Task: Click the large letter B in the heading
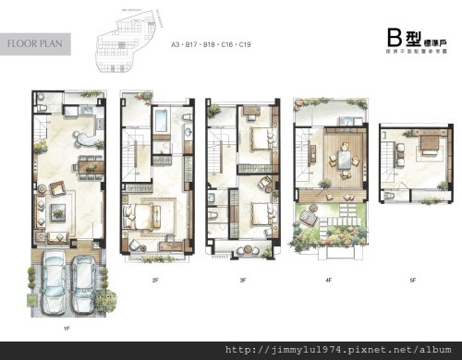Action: click(x=395, y=37)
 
